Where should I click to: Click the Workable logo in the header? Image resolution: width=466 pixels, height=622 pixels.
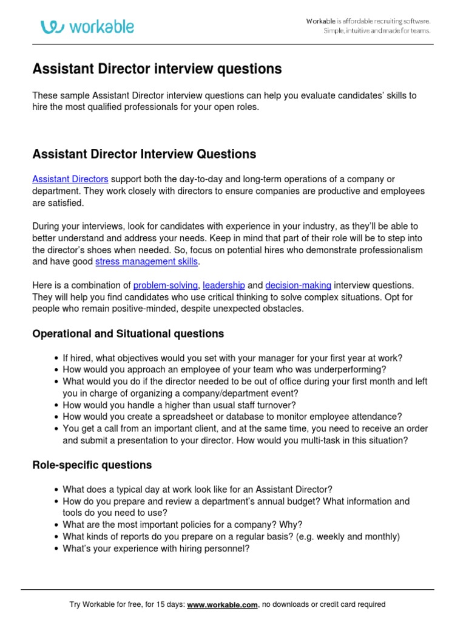click(x=87, y=27)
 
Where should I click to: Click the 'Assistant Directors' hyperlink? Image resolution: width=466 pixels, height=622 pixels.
click(x=70, y=179)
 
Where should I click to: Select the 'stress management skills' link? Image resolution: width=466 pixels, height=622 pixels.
click(x=147, y=262)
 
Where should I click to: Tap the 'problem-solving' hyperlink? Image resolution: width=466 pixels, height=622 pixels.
click(x=166, y=285)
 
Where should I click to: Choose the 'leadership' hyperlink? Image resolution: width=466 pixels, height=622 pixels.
click(x=224, y=285)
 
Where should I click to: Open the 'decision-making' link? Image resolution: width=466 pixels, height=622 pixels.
click(x=299, y=285)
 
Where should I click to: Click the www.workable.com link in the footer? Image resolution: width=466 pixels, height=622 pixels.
click(x=223, y=604)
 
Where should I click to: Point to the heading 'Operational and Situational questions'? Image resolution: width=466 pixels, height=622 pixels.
click(x=128, y=334)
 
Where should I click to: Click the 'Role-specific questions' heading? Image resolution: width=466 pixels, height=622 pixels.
click(x=92, y=465)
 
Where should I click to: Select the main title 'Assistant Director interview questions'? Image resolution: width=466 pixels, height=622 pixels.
click(x=157, y=69)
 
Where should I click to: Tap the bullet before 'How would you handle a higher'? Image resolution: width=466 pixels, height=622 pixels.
click(x=56, y=405)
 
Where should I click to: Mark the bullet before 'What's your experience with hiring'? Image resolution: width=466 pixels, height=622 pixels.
click(x=56, y=549)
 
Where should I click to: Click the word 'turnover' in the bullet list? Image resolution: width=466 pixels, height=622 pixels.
click(x=277, y=405)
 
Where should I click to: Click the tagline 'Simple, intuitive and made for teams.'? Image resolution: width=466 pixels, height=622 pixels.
click(x=377, y=31)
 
